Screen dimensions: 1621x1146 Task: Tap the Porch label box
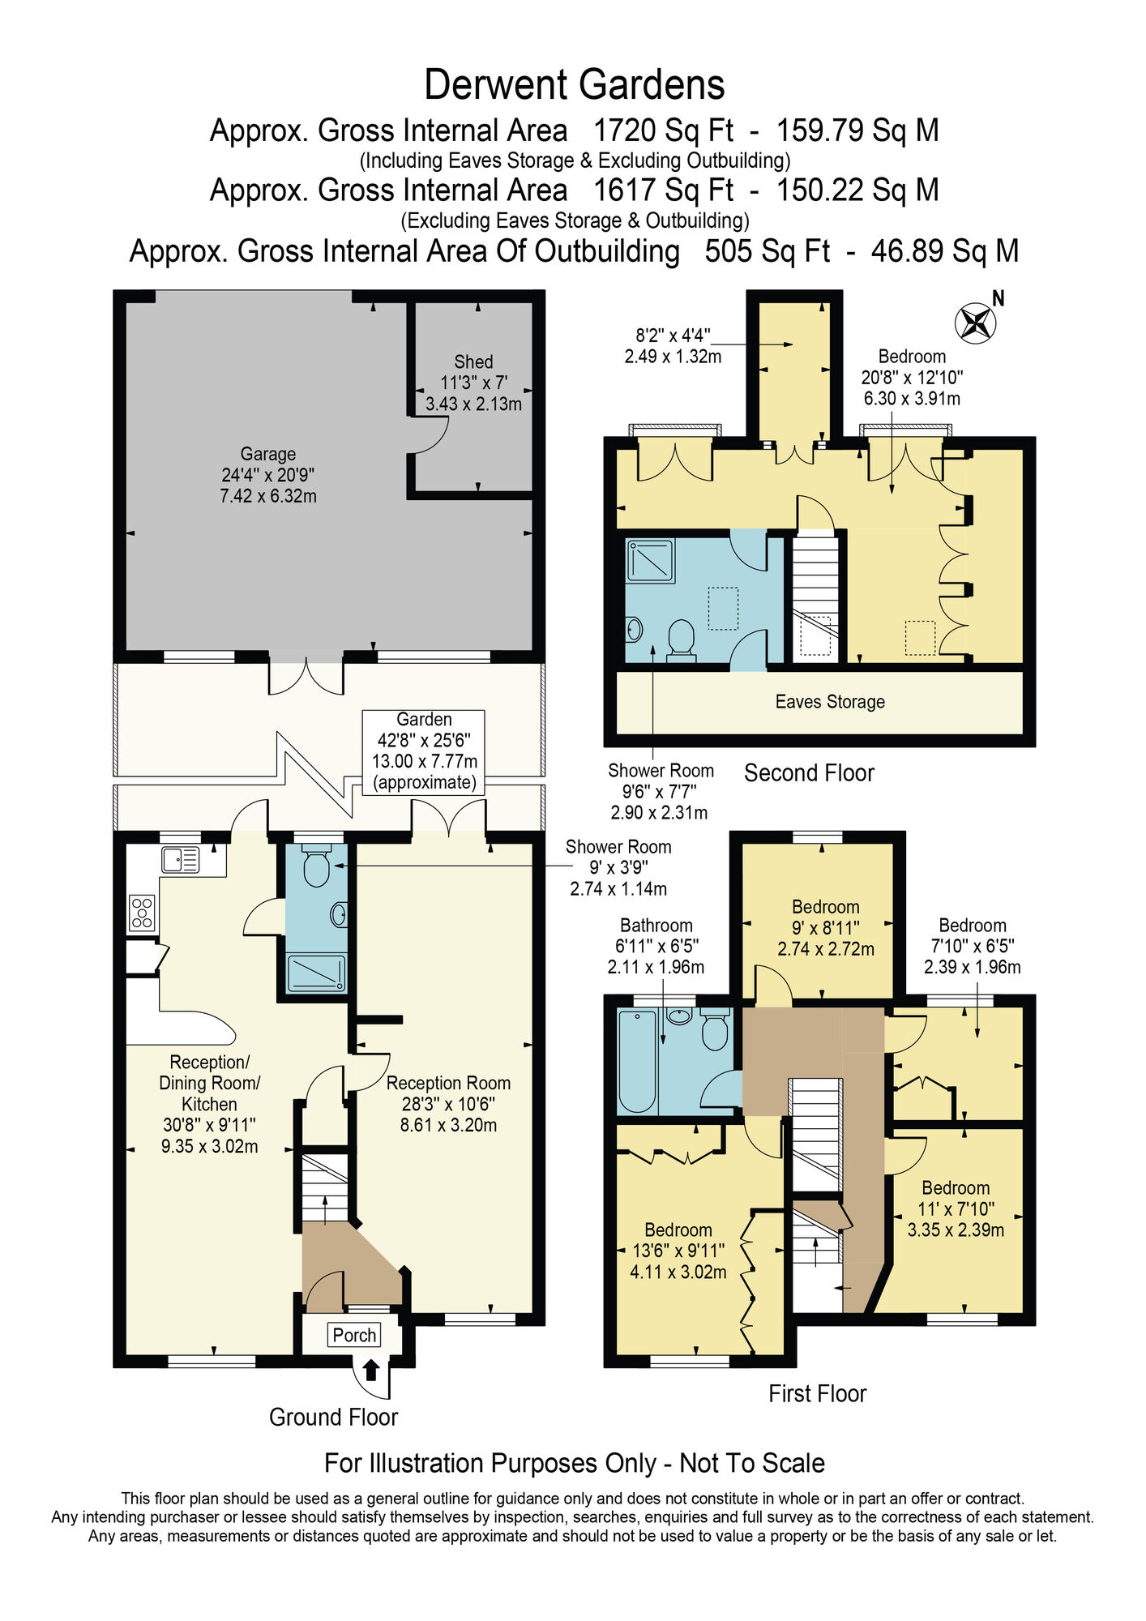tap(354, 1335)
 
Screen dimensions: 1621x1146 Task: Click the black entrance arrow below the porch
tap(370, 1369)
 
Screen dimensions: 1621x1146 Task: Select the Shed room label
tap(473, 383)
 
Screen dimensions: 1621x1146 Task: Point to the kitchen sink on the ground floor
tap(180, 859)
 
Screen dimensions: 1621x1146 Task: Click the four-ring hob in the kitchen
tap(142, 912)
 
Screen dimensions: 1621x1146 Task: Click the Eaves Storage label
tap(829, 702)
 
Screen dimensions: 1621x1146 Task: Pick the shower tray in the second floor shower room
tap(650, 561)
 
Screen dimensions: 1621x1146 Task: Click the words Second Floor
tap(809, 773)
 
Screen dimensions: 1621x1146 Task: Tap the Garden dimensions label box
tap(424, 751)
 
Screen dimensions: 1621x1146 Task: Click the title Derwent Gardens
tap(574, 85)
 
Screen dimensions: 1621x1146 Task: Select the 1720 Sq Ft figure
tap(663, 130)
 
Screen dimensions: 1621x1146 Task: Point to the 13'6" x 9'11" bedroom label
tap(678, 1251)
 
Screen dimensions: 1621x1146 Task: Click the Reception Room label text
tap(448, 1104)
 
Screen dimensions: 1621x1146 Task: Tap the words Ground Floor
tap(333, 1417)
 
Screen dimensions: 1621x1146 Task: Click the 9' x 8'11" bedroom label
tap(825, 928)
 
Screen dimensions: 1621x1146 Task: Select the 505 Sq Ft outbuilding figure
tap(767, 251)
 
